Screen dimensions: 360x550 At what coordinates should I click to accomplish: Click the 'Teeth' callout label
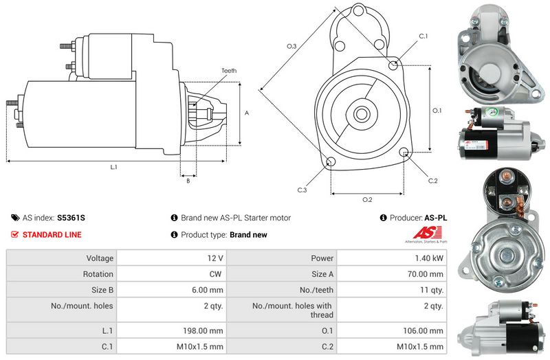click(x=229, y=71)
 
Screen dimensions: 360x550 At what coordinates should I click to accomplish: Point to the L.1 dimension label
click(x=113, y=167)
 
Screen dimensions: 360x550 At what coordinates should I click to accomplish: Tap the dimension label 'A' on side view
click(x=246, y=113)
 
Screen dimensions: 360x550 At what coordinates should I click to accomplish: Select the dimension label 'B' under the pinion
click(x=188, y=181)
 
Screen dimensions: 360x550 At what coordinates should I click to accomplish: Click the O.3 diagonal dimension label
click(x=291, y=46)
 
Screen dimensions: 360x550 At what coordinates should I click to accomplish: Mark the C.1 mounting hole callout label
click(x=423, y=36)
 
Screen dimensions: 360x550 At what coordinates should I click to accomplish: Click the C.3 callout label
click(x=302, y=190)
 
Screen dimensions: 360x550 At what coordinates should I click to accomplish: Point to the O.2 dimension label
click(x=367, y=200)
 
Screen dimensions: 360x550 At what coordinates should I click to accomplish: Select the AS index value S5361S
click(x=71, y=218)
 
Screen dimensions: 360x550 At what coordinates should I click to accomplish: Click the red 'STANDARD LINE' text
click(x=52, y=235)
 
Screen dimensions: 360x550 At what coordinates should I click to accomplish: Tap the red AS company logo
click(x=423, y=234)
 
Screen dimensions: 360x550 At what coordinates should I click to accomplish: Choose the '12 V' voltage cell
click(x=215, y=258)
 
